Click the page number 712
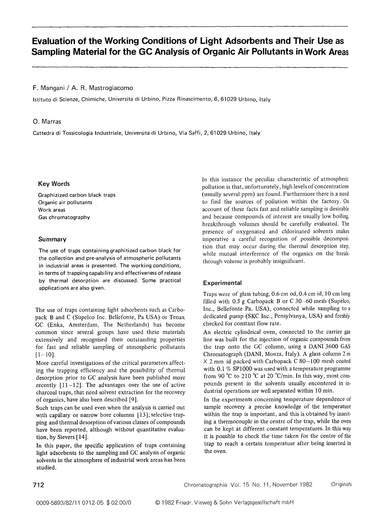(x=39, y=485)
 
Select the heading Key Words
(x=54, y=184)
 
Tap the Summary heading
(x=52, y=239)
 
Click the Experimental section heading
(x=222, y=283)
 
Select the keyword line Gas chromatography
(x=64, y=217)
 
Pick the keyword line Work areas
(x=52, y=210)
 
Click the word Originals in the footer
(x=341, y=484)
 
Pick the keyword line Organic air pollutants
(x=65, y=202)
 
